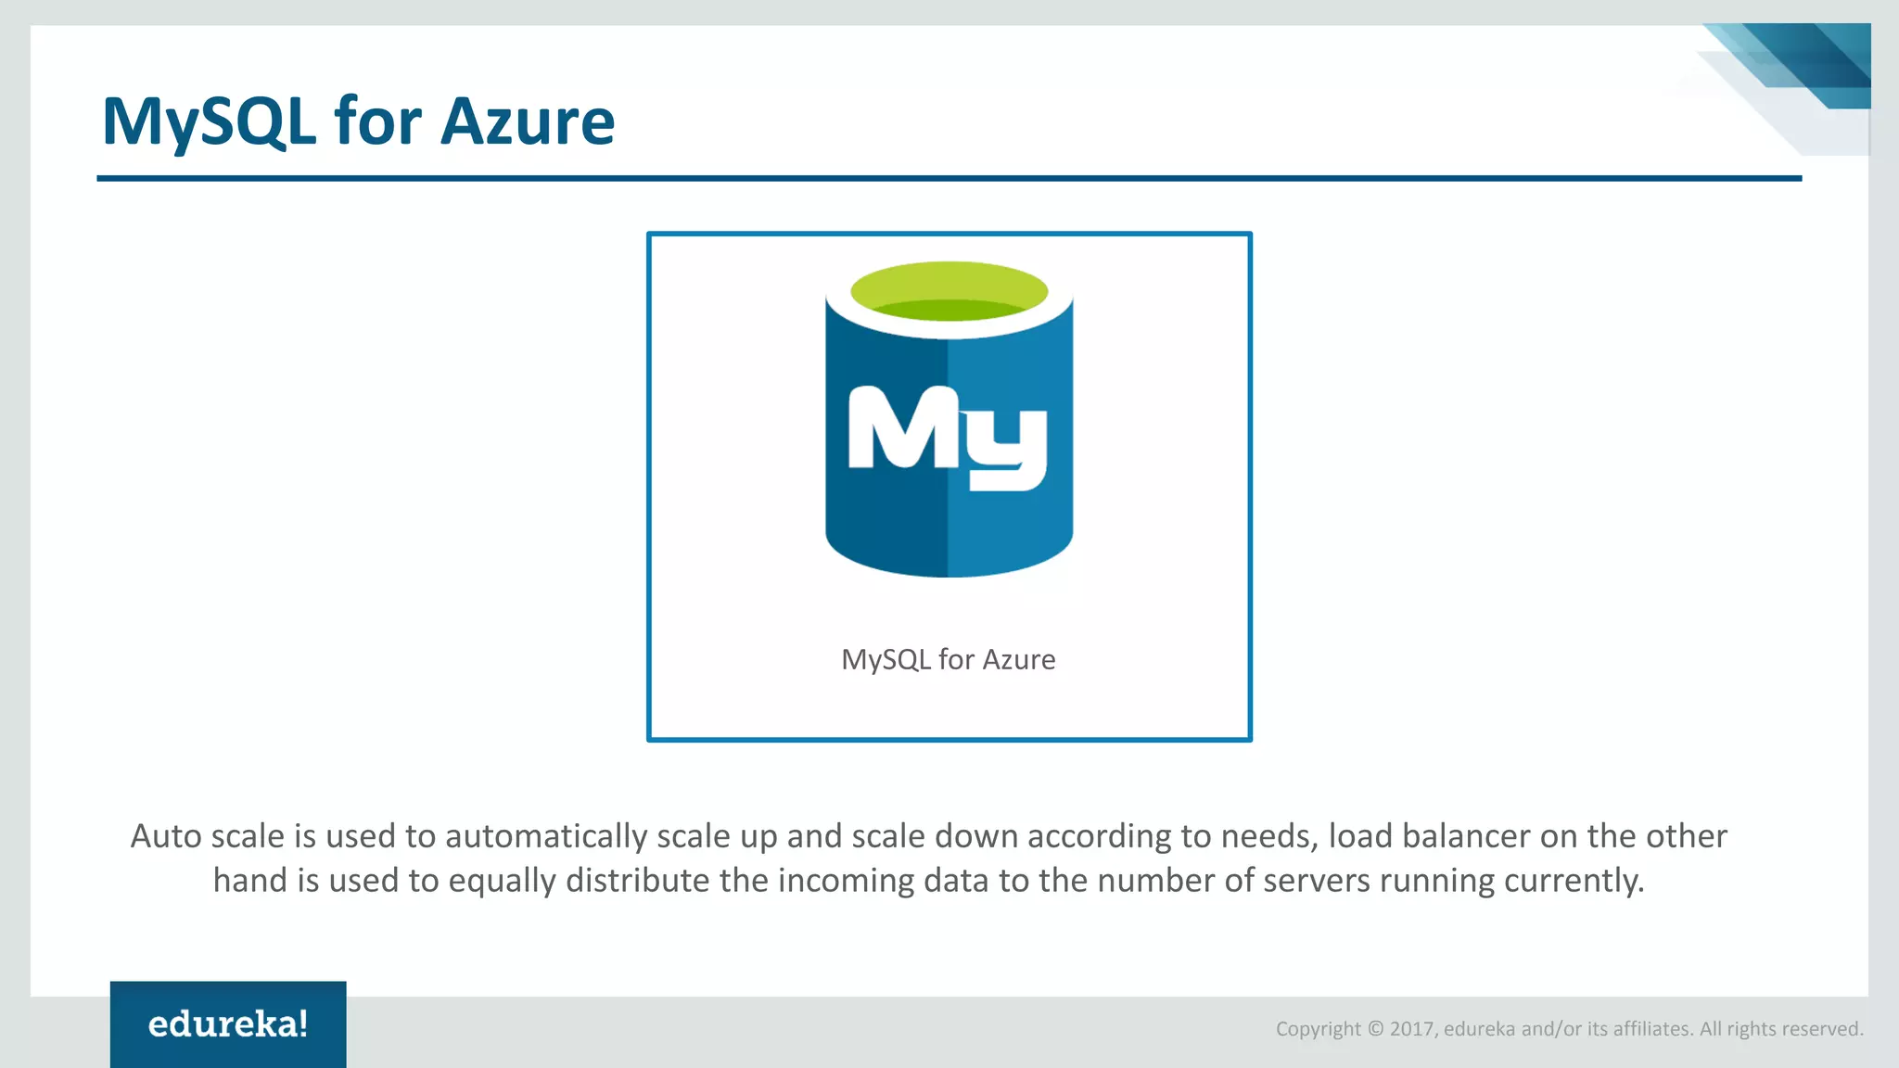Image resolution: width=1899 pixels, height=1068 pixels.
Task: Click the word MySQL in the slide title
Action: pos(209,121)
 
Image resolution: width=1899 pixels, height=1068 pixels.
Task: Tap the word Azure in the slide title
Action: pos(527,121)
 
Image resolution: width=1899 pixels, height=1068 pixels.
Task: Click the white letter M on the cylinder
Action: pos(894,427)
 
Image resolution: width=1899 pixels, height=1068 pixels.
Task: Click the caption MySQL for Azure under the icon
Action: pos(948,659)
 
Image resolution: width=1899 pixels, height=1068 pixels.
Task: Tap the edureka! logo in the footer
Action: pos(228,1023)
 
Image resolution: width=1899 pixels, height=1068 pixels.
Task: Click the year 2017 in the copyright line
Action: pos(1411,1028)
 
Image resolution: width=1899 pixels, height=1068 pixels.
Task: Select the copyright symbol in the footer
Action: pos(1375,1028)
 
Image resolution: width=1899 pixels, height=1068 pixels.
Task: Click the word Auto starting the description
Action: pos(166,836)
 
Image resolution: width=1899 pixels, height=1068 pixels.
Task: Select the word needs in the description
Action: pos(1268,836)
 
